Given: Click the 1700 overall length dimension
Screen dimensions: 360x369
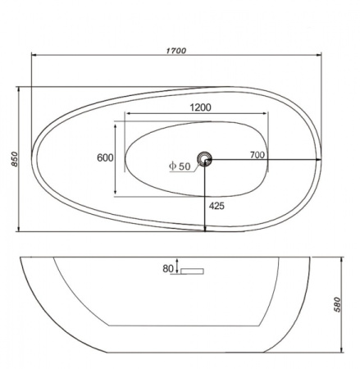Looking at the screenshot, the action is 176,51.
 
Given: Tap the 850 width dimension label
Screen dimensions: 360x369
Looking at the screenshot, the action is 14,159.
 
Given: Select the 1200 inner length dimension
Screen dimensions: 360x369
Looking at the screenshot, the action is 200,107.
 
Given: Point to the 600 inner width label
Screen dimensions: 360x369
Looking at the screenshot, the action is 105,157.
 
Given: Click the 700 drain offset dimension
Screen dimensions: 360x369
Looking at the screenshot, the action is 257,155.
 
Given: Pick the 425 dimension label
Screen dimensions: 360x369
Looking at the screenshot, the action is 216,206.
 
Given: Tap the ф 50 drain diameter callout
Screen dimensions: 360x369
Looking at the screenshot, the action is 180,166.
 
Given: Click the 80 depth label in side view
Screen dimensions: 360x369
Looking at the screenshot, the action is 168,269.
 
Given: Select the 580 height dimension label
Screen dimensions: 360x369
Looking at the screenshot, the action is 337,304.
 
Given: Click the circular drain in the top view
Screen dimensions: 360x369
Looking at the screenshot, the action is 204,159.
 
